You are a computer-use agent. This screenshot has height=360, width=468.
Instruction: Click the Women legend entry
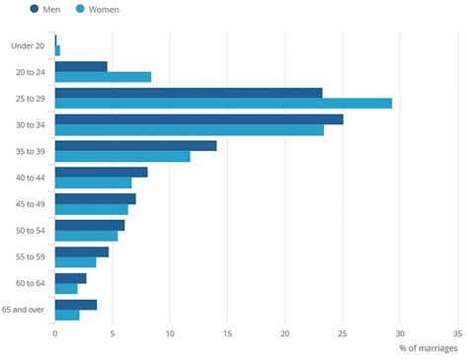coord(96,10)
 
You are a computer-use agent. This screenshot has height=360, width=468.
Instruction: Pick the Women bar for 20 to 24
coord(103,77)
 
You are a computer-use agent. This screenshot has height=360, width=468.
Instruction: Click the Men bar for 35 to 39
coord(135,146)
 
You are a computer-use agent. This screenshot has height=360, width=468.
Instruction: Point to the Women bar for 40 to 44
coord(93,182)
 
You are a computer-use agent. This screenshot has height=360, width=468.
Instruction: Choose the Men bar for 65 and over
coord(76,305)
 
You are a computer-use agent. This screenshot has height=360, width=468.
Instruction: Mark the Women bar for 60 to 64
coord(66,288)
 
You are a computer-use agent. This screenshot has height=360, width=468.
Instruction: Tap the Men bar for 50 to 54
coord(90,225)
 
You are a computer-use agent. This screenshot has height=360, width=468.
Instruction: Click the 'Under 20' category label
coord(28,44)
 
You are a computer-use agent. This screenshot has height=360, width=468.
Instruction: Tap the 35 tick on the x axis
coord(458,333)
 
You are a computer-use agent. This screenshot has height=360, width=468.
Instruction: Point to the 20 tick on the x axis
coord(285,333)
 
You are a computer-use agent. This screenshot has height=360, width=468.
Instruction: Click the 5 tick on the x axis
coord(113,333)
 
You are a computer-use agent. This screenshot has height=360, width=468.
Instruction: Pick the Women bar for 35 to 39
coord(122,156)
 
